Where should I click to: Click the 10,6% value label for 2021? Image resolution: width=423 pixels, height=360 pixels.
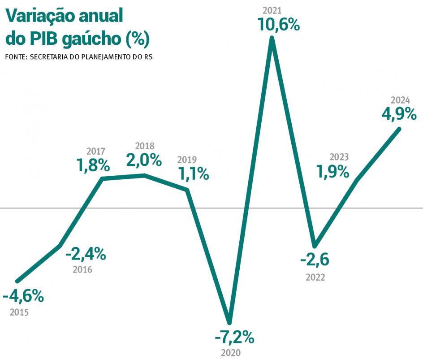point(278,24)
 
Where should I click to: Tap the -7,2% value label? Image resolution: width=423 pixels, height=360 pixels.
point(234,336)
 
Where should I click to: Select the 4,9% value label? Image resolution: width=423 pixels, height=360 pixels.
point(399,114)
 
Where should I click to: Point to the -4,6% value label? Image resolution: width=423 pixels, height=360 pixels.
point(23,296)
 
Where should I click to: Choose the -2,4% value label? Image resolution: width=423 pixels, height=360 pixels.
point(86,255)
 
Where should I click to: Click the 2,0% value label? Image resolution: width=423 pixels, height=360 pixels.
point(143,160)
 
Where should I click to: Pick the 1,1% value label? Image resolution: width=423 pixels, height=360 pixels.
point(194,173)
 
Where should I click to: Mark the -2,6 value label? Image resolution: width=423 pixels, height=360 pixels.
point(315,259)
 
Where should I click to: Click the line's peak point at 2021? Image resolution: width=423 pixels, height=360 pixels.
point(272,39)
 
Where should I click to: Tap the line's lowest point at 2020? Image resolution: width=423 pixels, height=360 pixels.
point(229,322)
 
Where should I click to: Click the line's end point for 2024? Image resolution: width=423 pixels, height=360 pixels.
point(398,129)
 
